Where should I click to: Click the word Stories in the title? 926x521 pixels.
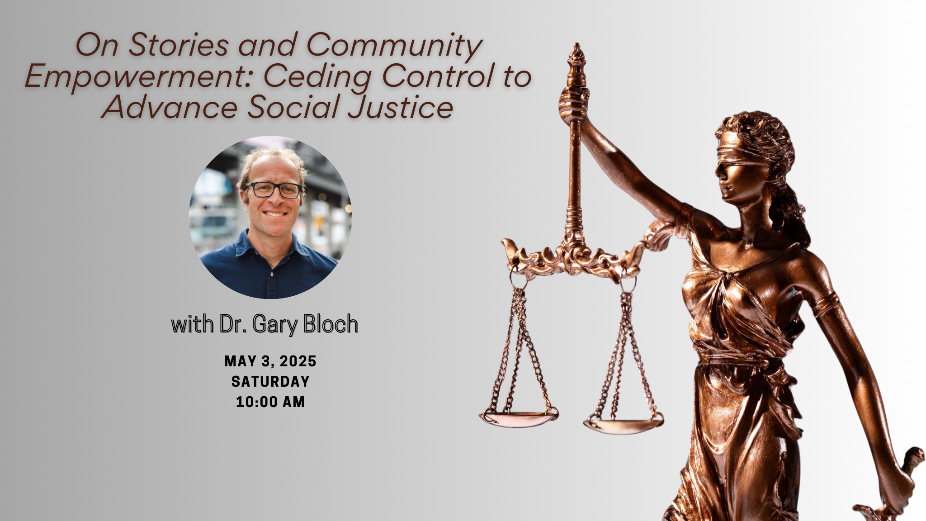pos(178,45)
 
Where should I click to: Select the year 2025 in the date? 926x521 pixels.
pos(298,361)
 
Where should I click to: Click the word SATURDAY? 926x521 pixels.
pos(270,382)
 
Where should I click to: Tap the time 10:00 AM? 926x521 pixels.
pos(270,402)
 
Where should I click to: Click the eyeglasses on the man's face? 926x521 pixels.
pos(273,190)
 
